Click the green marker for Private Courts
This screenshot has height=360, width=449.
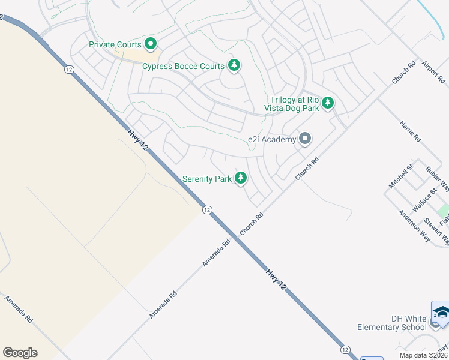[x=150, y=44]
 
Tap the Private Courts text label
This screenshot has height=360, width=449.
[x=115, y=44]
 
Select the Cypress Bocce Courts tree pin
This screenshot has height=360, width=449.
[x=234, y=65]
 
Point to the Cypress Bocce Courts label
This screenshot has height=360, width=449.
[x=183, y=66]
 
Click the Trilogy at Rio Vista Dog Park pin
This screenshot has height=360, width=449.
[x=328, y=103]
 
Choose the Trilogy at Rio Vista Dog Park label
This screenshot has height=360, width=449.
[x=294, y=104]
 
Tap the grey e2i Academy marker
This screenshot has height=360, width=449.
[x=305, y=139]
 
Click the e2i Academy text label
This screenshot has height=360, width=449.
[x=272, y=140]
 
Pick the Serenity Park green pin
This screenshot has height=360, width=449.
[x=241, y=178]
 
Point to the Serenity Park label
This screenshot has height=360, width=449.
[x=207, y=179]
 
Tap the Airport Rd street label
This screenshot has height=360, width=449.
[x=434, y=71]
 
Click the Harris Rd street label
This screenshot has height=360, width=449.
[x=410, y=130]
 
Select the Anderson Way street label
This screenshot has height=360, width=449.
[x=414, y=226]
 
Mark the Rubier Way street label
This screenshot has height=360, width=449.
[x=437, y=179]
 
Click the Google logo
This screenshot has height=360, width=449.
[x=20, y=353]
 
